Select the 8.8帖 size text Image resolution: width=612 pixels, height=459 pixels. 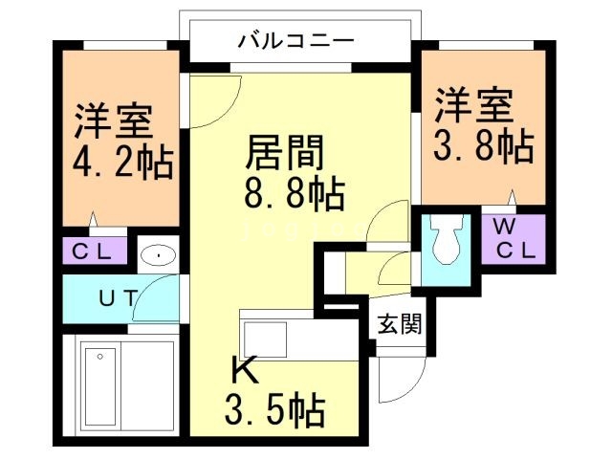point(292,194)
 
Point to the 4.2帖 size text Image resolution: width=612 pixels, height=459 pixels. point(123,162)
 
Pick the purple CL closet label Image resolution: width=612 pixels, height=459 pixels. point(97,253)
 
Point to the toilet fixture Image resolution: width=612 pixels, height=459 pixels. point(445,244)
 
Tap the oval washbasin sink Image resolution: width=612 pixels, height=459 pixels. point(155,255)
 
